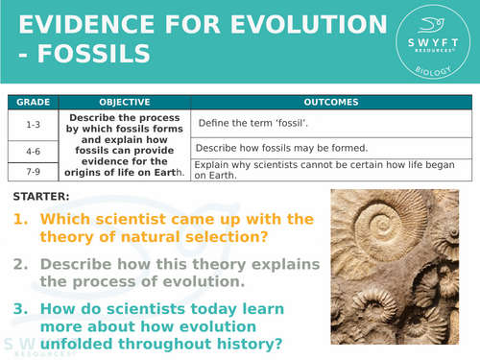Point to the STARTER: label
[42, 197]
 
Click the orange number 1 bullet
[20, 220]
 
